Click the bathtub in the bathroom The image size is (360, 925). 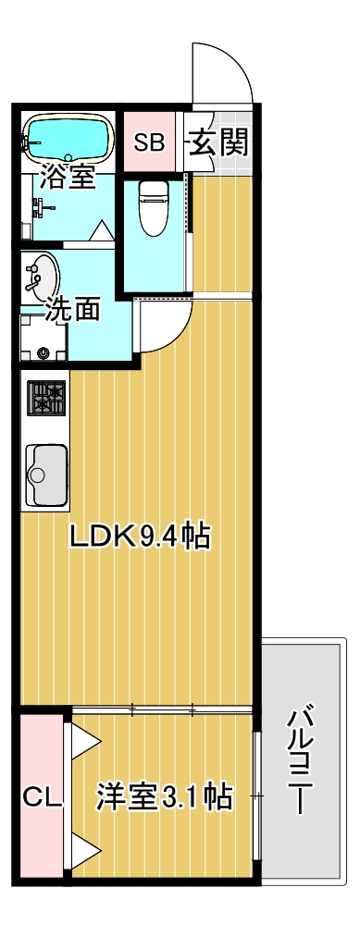click(68, 138)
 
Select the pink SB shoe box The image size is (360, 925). click(149, 142)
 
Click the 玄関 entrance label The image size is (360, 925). click(218, 143)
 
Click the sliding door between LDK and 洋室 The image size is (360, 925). click(162, 710)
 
